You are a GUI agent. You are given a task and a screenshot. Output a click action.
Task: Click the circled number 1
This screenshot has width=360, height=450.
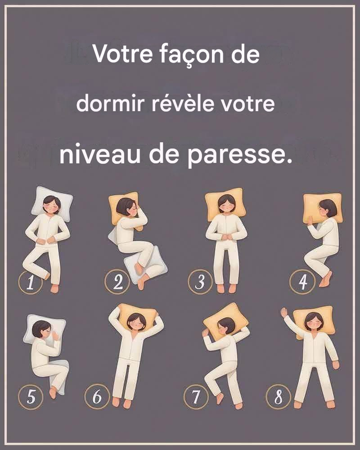(30, 282)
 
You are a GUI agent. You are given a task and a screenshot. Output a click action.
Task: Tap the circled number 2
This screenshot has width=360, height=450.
(117, 282)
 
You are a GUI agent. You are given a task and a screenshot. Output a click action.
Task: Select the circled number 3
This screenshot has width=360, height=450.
(200, 282)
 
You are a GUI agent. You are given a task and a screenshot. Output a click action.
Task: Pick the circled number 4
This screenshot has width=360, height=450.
(302, 282)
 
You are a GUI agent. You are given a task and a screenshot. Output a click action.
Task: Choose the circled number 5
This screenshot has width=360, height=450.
(31, 397)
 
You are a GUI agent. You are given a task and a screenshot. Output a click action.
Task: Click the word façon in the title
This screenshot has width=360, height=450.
(192, 54)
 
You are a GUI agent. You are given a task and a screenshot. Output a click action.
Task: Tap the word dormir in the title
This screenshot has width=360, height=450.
(110, 103)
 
